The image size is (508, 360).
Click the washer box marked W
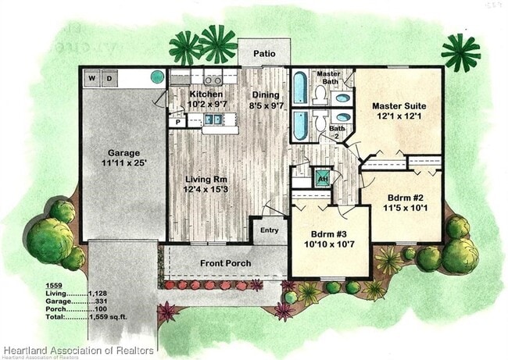point(91,78)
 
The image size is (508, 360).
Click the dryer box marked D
point(109,78)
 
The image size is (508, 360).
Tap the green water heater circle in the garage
point(157,77)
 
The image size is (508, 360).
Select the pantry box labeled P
point(177,122)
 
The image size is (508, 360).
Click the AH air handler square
point(322,177)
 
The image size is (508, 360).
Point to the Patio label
point(263,55)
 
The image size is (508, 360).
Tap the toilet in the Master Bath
point(320,95)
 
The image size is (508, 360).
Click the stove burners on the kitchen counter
point(211,79)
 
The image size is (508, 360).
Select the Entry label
point(269,230)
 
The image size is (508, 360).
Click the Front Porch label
point(225,263)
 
